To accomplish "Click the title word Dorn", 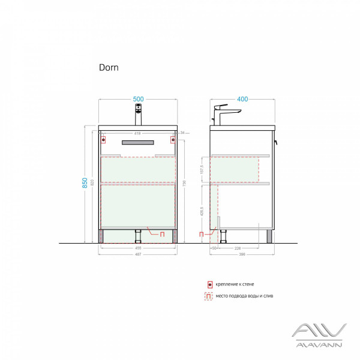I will click(x=109, y=68).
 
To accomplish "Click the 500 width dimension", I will click(x=139, y=99).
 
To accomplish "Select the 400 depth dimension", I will click(x=243, y=99).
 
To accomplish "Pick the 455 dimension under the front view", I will click(x=137, y=247).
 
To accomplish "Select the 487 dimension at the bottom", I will click(x=137, y=254).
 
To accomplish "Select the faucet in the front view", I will click(x=138, y=113).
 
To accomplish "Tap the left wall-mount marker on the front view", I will click(x=103, y=140).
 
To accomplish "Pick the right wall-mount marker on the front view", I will click(x=173, y=140).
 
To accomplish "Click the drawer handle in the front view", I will click(x=138, y=142).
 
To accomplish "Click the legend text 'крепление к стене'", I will click(x=236, y=284).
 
